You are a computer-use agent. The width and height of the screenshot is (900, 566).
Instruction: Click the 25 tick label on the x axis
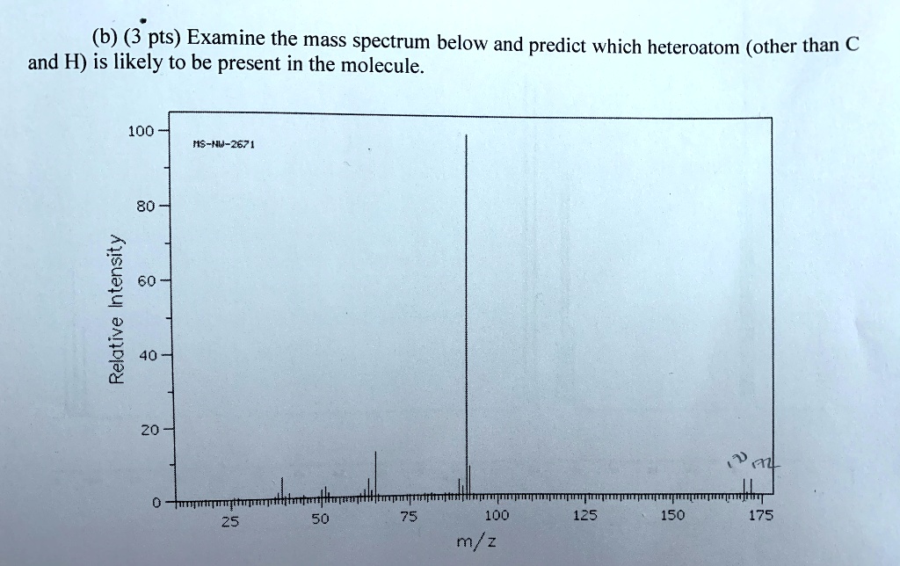coord(229,519)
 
